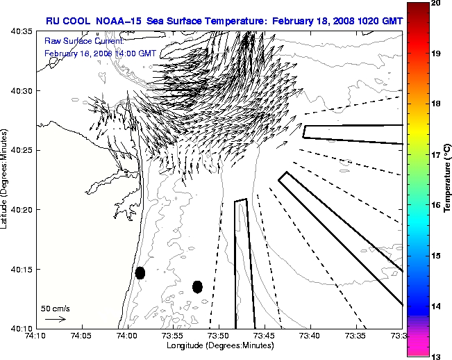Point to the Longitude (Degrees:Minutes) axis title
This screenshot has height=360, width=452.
(x=219, y=345)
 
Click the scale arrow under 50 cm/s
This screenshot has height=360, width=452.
(x=56, y=319)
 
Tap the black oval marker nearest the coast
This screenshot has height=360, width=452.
(x=140, y=272)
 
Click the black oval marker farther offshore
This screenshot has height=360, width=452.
(x=197, y=286)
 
